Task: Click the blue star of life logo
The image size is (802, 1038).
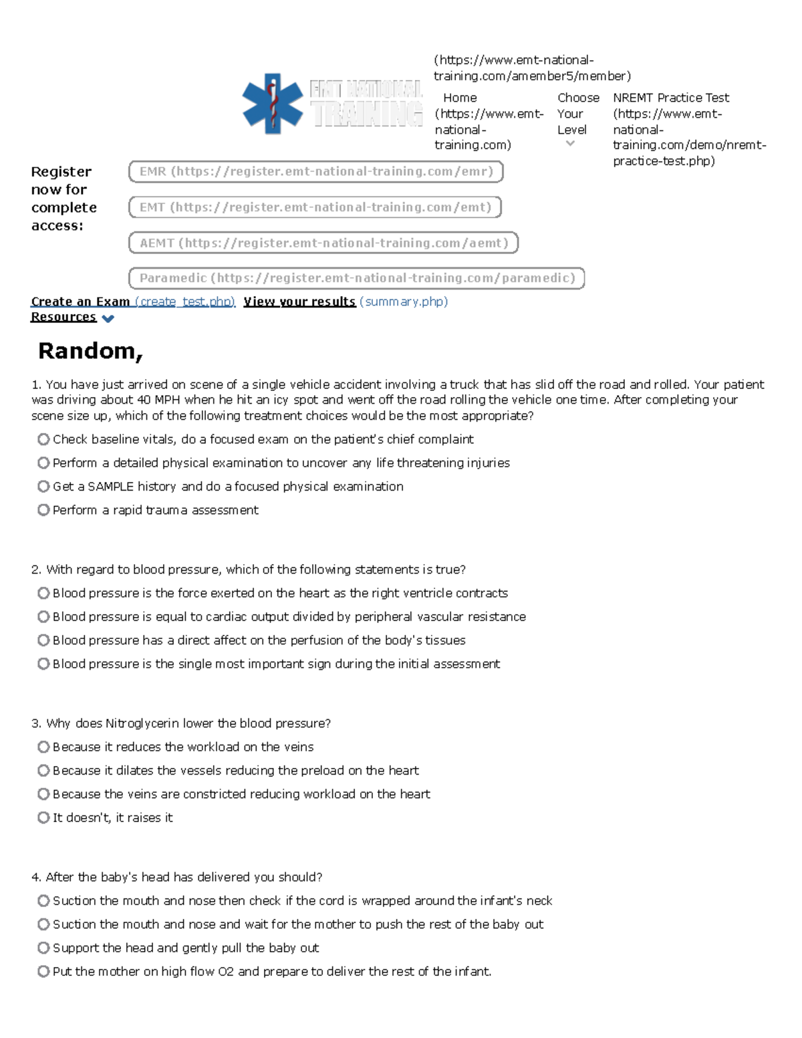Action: [272, 104]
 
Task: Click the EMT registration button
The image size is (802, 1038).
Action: [315, 207]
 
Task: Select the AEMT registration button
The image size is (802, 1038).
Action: [323, 243]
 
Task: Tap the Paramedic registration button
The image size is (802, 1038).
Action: [356, 278]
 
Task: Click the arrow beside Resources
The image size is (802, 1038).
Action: [108, 319]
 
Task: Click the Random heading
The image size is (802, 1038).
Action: [90, 350]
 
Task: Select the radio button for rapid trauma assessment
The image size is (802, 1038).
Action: [43, 510]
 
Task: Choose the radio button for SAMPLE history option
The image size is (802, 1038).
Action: [43, 487]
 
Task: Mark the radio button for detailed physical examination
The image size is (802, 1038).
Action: [43, 463]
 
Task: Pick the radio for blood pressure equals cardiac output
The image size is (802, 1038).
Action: [43, 616]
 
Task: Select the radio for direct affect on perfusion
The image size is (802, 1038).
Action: [43, 640]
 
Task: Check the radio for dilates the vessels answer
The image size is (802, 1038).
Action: [43, 771]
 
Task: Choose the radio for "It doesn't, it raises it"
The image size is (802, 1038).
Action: [43, 817]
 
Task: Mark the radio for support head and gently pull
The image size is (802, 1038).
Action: [43, 948]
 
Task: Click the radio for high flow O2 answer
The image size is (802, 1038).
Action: [43, 971]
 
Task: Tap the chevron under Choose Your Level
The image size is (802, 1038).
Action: [570, 144]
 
